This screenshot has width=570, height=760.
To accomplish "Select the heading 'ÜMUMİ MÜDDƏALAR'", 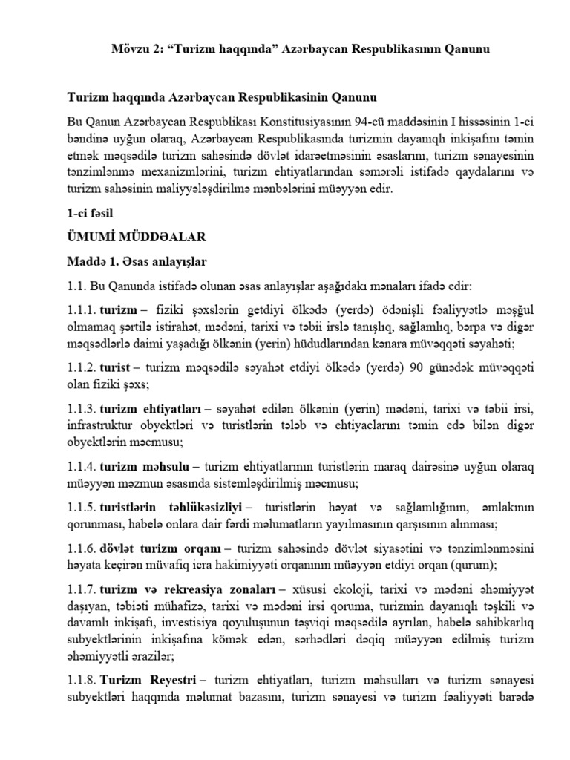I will click(x=136, y=237).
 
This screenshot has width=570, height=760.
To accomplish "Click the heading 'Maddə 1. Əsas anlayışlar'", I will click(x=137, y=262).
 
